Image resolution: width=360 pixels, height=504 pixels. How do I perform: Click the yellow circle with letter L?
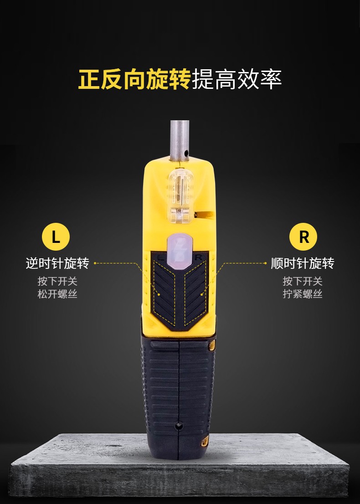click(x=56, y=237)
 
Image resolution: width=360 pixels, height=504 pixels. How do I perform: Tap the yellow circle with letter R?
click(x=303, y=237)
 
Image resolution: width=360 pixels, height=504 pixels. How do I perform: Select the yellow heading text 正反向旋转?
click(x=135, y=79)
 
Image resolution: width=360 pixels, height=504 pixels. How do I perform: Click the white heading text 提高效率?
click(x=237, y=79)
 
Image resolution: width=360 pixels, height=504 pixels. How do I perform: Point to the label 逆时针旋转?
click(x=57, y=263)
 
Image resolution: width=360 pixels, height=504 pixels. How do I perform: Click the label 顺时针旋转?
click(x=303, y=263)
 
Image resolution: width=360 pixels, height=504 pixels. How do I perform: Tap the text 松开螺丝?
click(x=57, y=294)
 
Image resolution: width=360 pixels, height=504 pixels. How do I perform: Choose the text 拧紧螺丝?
click(x=303, y=294)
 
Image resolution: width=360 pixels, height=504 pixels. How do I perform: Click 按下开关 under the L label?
click(x=57, y=281)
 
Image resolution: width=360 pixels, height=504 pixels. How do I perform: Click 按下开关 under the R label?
click(x=303, y=281)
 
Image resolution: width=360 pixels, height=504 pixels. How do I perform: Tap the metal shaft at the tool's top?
click(x=180, y=140)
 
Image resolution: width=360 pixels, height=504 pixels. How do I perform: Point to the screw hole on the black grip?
click(x=179, y=426)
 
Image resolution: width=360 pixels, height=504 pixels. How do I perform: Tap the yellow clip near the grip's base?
click(x=205, y=441)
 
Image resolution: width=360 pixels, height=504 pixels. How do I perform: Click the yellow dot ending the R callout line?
click(x=202, y=293)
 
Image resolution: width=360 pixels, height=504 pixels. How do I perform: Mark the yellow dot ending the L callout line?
click(x=159, y=293)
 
